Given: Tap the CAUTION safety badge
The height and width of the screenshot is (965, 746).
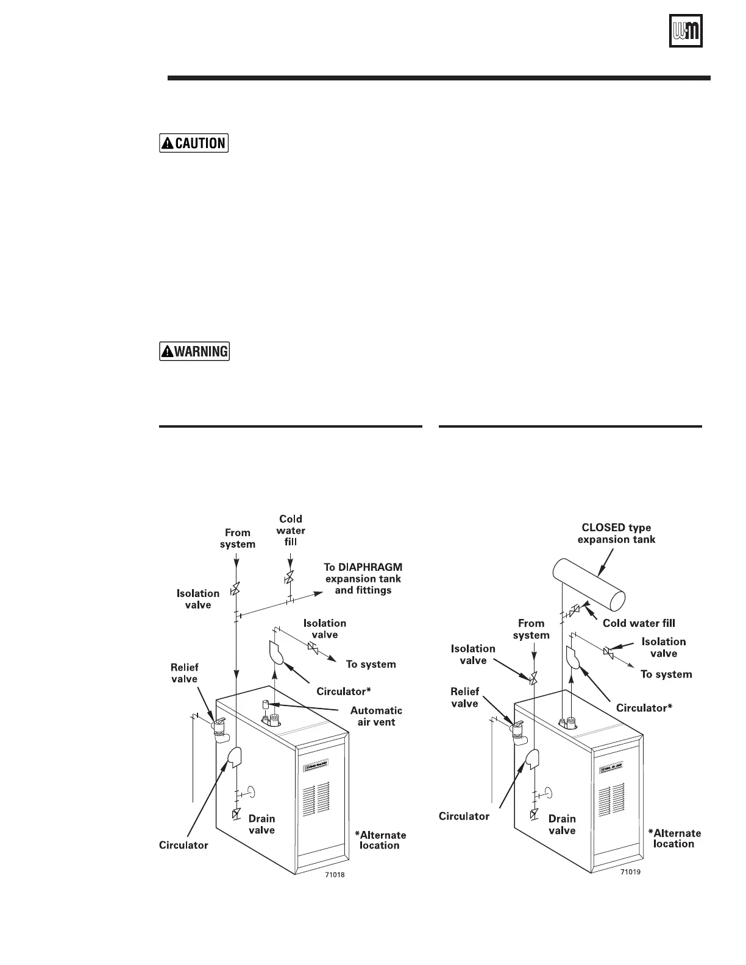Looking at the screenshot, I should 194,143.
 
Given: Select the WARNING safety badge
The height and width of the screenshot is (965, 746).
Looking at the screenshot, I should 194,351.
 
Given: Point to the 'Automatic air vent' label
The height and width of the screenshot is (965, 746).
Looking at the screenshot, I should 376,716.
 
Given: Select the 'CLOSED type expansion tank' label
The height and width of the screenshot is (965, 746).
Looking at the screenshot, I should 616,533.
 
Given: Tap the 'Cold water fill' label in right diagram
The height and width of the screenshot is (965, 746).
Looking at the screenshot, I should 639,623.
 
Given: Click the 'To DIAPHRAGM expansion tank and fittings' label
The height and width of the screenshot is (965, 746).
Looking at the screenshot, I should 363,578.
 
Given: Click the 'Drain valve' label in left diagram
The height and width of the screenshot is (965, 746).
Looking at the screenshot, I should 261,824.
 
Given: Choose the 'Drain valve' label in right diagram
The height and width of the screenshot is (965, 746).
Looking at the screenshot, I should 562,824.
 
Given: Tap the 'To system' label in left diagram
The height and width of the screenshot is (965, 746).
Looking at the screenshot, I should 371,664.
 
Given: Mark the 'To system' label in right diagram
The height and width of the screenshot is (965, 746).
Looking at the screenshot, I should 666,674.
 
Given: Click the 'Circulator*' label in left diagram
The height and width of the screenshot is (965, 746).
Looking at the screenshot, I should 344,691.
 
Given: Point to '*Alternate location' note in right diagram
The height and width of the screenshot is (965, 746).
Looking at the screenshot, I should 674,838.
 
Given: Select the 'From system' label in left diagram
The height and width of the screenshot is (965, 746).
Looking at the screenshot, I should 237,538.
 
